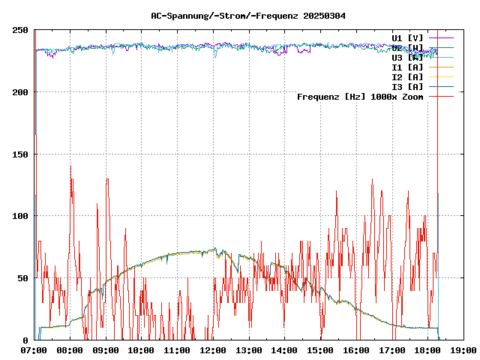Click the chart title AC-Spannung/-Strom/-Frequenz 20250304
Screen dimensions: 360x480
(243, 15)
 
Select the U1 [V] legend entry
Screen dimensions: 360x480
(407, 37)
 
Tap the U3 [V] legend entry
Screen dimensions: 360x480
(407, 57)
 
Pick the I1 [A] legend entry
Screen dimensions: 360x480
(407, 67)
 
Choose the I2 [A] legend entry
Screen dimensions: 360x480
(407, 76)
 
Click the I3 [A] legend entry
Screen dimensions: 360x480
(407, 86)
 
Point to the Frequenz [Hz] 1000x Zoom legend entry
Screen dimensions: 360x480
(360, 96)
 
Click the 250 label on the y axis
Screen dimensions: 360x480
(20, 30)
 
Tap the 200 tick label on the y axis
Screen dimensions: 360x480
(20, 92)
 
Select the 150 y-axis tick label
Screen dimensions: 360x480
(20, 154)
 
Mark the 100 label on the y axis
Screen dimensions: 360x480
(20, 216)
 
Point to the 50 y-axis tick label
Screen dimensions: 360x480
(22, 278)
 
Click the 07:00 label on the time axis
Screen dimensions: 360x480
(34, 350)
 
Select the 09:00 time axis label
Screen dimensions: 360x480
(106, 350)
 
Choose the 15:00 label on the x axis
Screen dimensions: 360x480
(320, 350)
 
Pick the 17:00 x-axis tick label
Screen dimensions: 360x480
(391, 350)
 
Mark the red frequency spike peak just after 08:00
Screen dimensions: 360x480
(70, 166)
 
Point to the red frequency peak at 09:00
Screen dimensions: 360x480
(107, 178)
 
